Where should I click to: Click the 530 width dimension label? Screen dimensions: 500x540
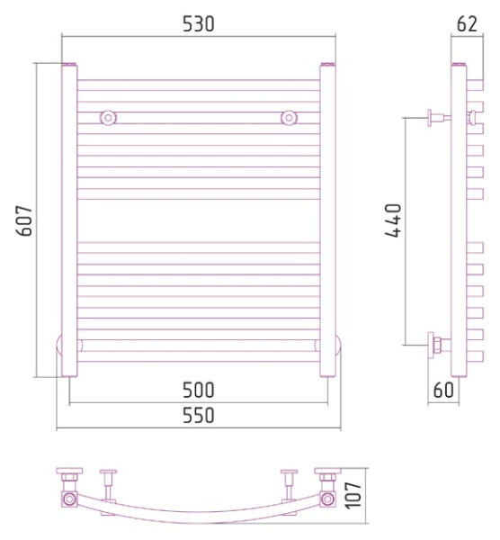[x=198, y=23]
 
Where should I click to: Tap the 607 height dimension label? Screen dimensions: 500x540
[x=24, y=220]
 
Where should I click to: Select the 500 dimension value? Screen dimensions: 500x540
[x=198, y=390]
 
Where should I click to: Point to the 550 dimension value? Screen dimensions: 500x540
[x=198, y=415]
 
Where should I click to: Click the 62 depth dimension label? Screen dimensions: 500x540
[x=468, y=23]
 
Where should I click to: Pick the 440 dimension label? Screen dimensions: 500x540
[x=393, y=220]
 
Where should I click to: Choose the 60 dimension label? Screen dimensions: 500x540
[x=443, y=390]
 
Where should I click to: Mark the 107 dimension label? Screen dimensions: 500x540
[x=353, y=495]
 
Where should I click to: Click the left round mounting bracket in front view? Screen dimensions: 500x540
[x=109, y=118]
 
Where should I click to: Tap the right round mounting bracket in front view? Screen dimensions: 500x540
[x=289, y=118]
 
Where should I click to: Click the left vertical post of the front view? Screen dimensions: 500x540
[x=69, y=220]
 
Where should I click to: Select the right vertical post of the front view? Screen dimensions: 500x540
[x=327, y=220]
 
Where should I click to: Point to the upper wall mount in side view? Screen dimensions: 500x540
[x=439, y=118]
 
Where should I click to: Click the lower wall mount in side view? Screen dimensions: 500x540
[x=439, y=345]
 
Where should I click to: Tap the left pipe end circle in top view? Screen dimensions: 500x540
[x=69, y=499]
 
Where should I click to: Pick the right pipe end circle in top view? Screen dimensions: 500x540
[x=327, y=499]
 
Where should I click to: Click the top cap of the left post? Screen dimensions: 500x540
[x=69, y=64]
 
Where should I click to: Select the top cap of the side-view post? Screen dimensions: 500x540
[x=459, y=64]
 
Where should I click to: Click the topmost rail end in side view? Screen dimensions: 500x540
[x=475, y=85]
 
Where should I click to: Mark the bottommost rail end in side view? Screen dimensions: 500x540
[x=475, y=356]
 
